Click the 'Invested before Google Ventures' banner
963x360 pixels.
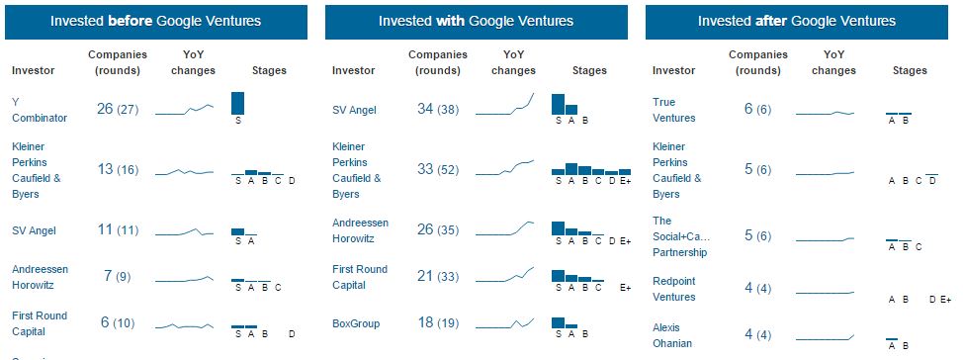pos(156,22)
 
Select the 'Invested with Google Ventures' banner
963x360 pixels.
pos(476,22)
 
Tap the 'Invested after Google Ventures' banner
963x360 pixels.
pos(797,22)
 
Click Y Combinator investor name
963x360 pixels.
pos(40,110)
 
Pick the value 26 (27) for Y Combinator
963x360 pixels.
pos(118,110)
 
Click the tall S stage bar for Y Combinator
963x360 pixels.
pos(237,103)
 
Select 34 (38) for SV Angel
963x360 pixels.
pos(438,110)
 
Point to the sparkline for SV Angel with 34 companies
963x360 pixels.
pos(505,105)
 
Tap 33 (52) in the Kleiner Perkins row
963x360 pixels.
pos(438,169)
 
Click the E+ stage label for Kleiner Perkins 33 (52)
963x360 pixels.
pos(625,181)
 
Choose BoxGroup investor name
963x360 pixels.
pos(356,323)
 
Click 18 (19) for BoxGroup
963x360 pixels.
pos(438,323)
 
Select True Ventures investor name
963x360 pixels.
pos(673,110)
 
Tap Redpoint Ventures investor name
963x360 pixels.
pos(674,289)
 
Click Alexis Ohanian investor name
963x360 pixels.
pos(672,335)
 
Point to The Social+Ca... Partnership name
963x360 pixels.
pos(680,236)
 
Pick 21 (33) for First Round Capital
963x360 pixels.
pos(438,277)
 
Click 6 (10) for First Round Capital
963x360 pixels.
pos(118,323)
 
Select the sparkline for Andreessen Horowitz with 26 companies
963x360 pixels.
pos(505,228)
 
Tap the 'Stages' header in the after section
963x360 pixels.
pos(910,70)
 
